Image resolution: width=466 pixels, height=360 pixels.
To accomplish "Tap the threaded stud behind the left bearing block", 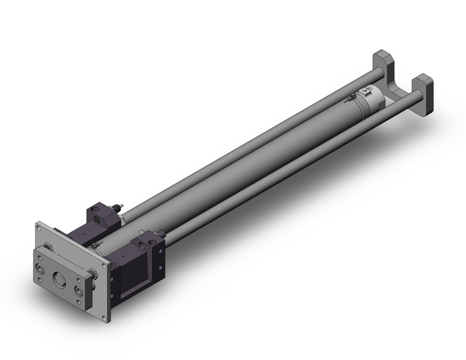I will (x=120, y=205).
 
